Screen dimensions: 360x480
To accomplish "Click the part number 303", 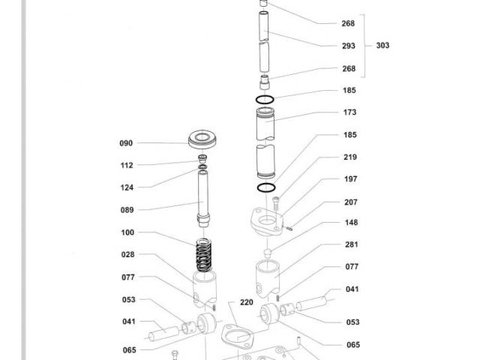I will coord(382,46).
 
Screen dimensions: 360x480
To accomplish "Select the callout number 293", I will coord(349,46).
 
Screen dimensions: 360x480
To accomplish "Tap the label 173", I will coord(349,112).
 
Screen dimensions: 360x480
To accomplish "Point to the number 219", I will coord(350,157).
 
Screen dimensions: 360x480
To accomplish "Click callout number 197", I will coord(351,179).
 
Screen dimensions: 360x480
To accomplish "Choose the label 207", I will coord(351,202).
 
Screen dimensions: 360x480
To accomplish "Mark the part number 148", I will coord(351,223).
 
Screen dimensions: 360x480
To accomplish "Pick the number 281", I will coord(352,244).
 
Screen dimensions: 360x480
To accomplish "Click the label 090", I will coord(126,143).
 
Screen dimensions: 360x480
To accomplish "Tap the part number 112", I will coord(127,165).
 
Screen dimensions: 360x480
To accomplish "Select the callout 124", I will coord(127,187).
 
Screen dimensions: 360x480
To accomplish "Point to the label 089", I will coord(127,210).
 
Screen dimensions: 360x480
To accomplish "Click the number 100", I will coord(127,232).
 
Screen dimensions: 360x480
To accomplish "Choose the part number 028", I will coord(127,255).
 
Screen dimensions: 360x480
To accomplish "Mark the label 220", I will coord(246,303).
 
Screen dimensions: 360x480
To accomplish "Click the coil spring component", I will coord(203,256).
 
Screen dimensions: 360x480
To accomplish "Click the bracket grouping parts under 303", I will coord(364,46).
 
